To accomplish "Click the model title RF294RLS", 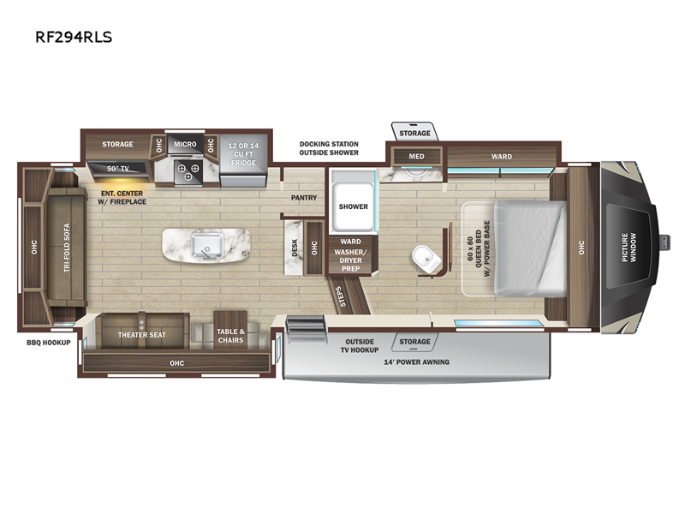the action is tap(74, 37).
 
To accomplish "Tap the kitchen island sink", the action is tap(207, 246).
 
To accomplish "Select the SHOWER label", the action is tap(354, 206).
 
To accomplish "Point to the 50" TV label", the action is tap(118, 168).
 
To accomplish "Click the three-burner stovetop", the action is tap(188, 172).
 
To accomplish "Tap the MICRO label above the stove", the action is tap(185, 144).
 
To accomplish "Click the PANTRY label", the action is tap(304, 198).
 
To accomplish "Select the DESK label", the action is tap(295, 248).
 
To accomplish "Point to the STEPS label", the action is tap(341, 296).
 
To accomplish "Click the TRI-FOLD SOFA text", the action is tap(67, 248).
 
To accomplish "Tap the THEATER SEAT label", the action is tap(142, 335).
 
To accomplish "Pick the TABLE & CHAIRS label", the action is tap(230, 336).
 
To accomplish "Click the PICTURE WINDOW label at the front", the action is tap(629, 248).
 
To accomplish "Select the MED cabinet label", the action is tap(416, 156).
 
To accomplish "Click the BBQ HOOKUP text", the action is tap(49, 343).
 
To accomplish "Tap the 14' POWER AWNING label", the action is tap(417, 362).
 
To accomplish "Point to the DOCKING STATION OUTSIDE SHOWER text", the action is tap(329, 148).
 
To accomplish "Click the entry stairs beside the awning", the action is tap(306, 330).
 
